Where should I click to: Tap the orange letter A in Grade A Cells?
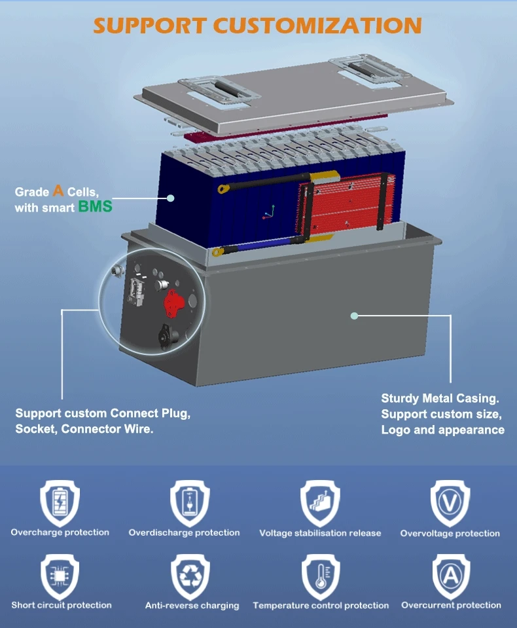tap(58, 191)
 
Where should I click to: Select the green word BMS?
tap(96, 208)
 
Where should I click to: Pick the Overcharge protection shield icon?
tap(60, 502)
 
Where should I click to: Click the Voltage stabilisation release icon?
tap(320, 502)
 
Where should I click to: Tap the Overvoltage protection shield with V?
tap(450, 502)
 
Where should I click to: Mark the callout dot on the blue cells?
tap(170, 198)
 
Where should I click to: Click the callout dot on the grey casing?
tap(354, 316)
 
